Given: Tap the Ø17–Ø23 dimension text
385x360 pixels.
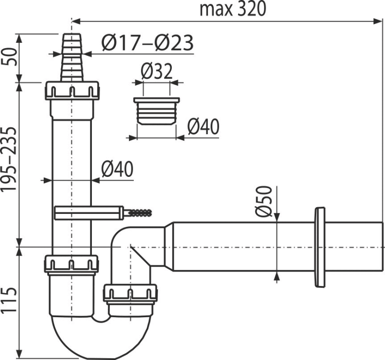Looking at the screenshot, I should click(x=148, y=44).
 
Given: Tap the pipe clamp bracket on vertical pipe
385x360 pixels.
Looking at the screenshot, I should click(x=87, y=212).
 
